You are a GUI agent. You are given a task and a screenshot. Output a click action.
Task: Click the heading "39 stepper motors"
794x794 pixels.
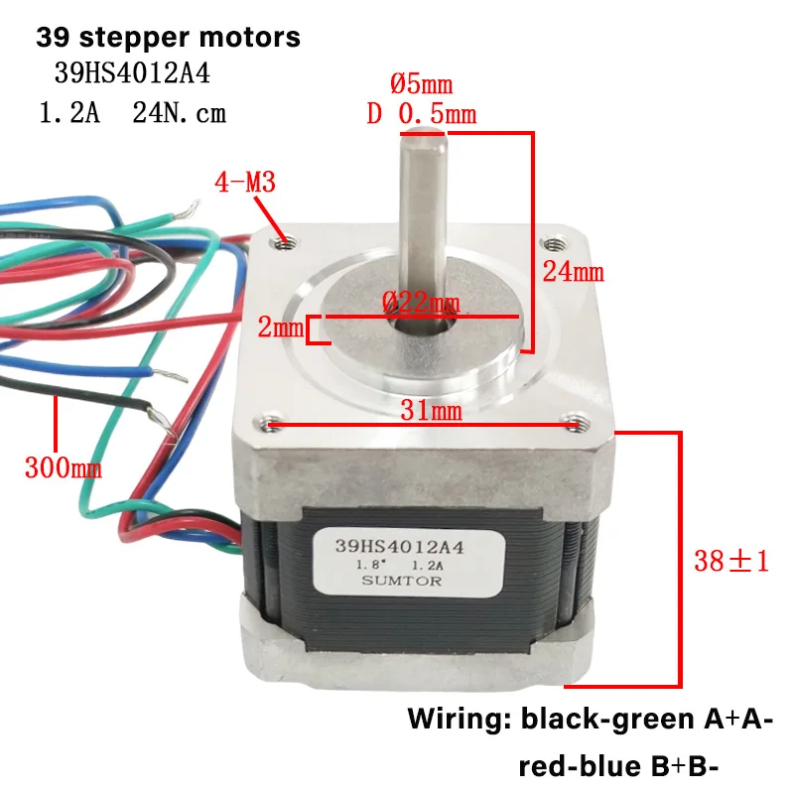click(x=168, y=39)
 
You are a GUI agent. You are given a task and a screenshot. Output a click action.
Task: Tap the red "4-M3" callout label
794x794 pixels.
click(x=244, y=182)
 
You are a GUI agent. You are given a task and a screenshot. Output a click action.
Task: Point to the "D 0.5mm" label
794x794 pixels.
click(x=421, y=114)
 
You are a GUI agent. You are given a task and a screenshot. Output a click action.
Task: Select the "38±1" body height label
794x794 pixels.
click(x=730, y=561)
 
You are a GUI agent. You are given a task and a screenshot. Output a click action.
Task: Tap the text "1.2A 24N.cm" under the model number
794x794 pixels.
click(x=131, y=113)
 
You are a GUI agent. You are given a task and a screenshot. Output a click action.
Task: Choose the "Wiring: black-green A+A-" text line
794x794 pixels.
click(x=590, y=719)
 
